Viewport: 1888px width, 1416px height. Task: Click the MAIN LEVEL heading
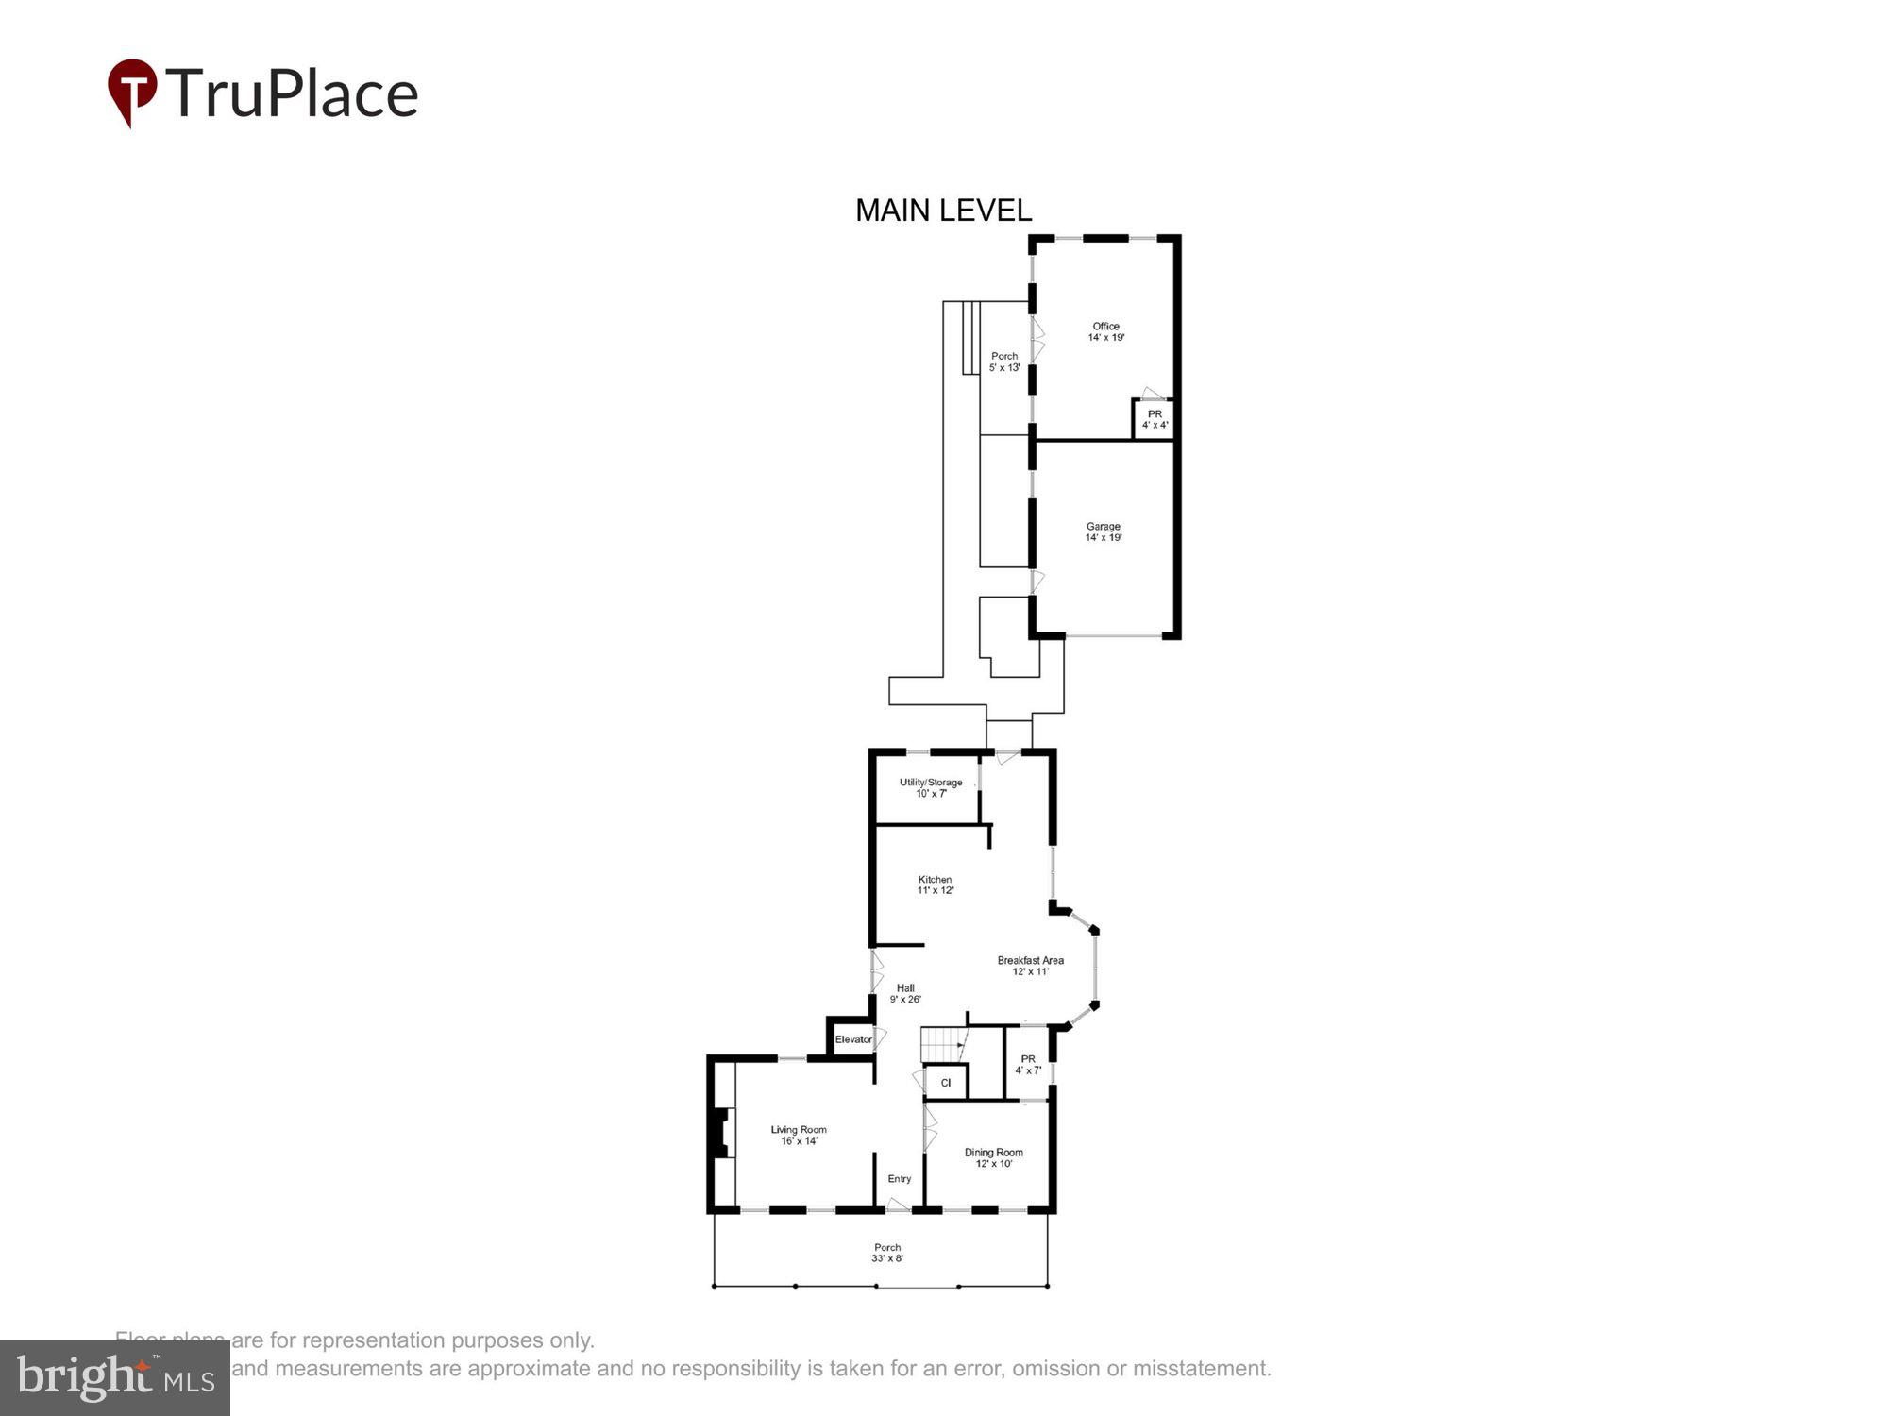pos(943,211)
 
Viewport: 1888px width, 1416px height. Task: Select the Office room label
pos(1105,331)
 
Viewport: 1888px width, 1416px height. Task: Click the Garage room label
pos(1103,531)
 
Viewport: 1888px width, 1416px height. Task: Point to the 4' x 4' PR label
pos(1155,419)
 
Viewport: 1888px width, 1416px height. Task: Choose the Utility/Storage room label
pos(931,787)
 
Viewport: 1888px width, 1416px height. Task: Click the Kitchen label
pos(935,885)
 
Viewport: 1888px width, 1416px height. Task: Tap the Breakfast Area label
pos(1030,966)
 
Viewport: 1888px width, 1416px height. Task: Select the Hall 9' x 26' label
pos(905,993)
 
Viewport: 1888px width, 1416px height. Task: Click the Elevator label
pos(853,1039)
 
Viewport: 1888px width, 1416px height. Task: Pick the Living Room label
pos(799,1135)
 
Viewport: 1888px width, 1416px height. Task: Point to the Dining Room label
pos(993,1157)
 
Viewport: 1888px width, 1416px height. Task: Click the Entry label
pos(899,1178)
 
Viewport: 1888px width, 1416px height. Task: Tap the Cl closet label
pos(945,1083)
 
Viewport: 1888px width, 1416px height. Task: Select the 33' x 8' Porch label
pos(886,1253)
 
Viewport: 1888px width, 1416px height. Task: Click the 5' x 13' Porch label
pos(1004,362)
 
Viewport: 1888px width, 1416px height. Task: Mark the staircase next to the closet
pos(942,1045)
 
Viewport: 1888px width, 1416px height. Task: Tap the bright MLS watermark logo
pos(115,1378)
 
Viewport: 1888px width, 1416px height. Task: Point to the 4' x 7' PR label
pos(1028,1064)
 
